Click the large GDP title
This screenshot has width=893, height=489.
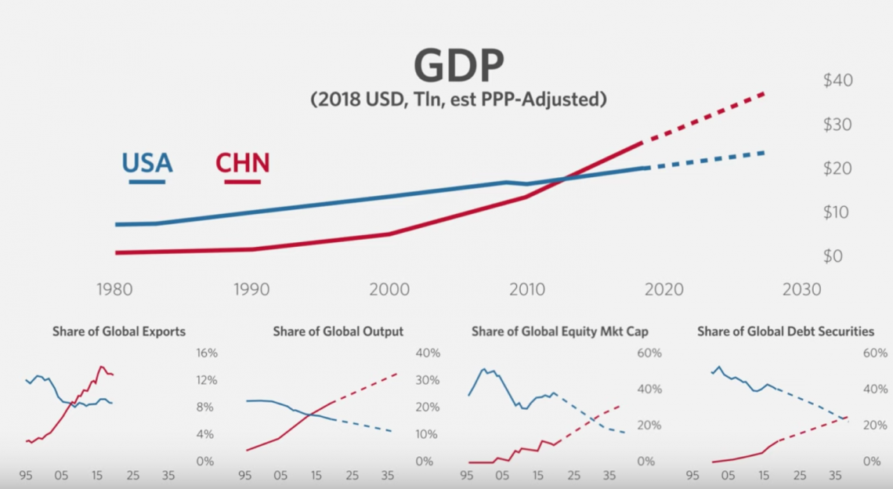click(458, 66)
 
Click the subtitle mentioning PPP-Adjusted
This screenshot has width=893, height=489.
click(458, 100)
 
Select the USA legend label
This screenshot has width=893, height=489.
click(146, 163)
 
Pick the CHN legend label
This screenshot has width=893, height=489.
click(242, 163)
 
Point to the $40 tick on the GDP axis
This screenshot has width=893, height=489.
click(837, 80)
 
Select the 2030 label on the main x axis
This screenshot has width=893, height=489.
click(800, 289)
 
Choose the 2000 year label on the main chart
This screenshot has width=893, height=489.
click(389, 289)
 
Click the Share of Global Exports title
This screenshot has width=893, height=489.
click(119, 331)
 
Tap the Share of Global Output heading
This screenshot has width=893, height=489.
click(338, 331)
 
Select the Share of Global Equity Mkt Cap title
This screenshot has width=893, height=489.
click(560, 331)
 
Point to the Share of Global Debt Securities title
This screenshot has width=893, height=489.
click(786, 331)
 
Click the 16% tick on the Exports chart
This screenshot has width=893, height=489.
click(205, 353)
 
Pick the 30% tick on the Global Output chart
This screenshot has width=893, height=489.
click(427, 380)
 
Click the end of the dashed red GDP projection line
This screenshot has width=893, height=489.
click(764, 93)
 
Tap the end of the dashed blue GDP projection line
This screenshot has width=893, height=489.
click(764, 152)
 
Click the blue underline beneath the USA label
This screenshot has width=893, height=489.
click(146, 182)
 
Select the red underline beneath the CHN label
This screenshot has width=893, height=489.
click(242, 182)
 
